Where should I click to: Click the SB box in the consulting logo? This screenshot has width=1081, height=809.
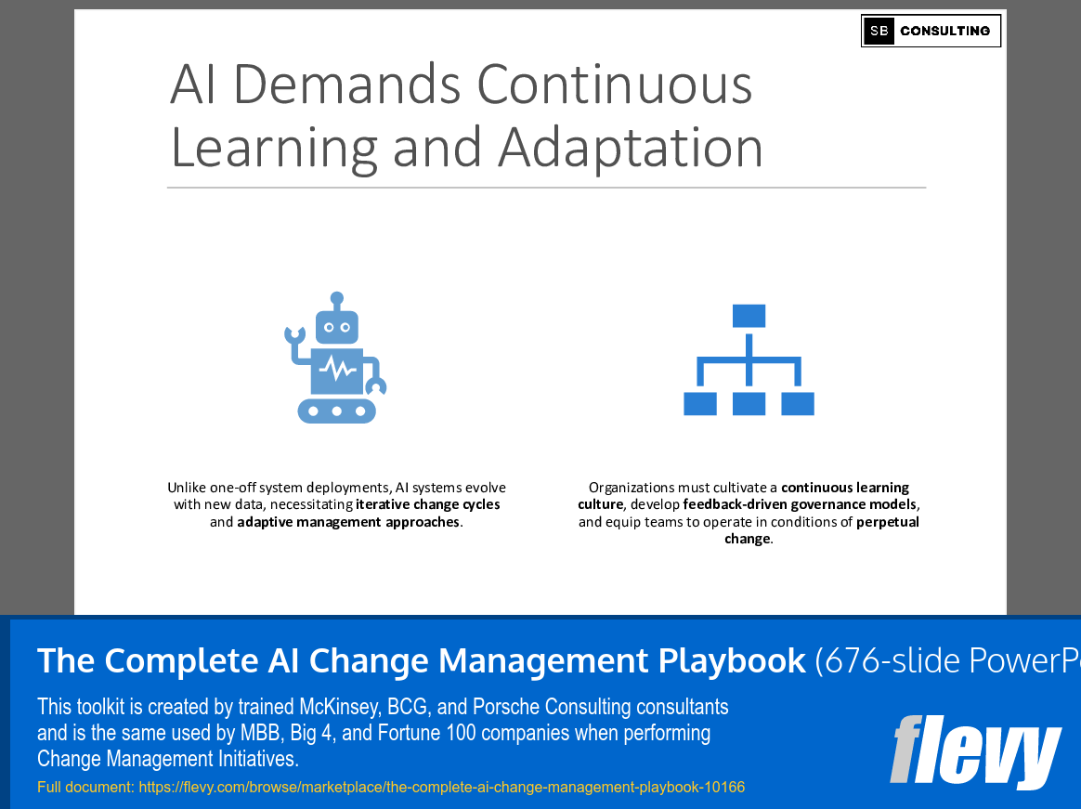(879, 31)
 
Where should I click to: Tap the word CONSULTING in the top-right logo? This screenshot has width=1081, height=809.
(944, 31)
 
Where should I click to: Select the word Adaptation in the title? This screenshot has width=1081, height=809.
(631, 147)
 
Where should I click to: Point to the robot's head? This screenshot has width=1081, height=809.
(336, 327)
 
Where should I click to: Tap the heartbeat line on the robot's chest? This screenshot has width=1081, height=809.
(337, 370)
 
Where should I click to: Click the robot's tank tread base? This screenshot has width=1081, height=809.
(337, 410)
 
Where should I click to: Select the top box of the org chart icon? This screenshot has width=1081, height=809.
(749, 316)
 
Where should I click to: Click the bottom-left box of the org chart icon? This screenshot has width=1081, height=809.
(700, 404)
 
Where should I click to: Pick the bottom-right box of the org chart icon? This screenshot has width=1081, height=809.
(798, 404)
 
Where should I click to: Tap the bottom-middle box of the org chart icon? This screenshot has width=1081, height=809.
(749, 404)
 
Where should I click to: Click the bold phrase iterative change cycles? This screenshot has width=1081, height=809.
(428, 504)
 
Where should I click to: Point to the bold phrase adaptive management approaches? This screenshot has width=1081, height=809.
(348, 522)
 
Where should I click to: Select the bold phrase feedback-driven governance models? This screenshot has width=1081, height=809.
(800, 504)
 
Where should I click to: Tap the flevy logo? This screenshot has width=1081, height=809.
(974, 751)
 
